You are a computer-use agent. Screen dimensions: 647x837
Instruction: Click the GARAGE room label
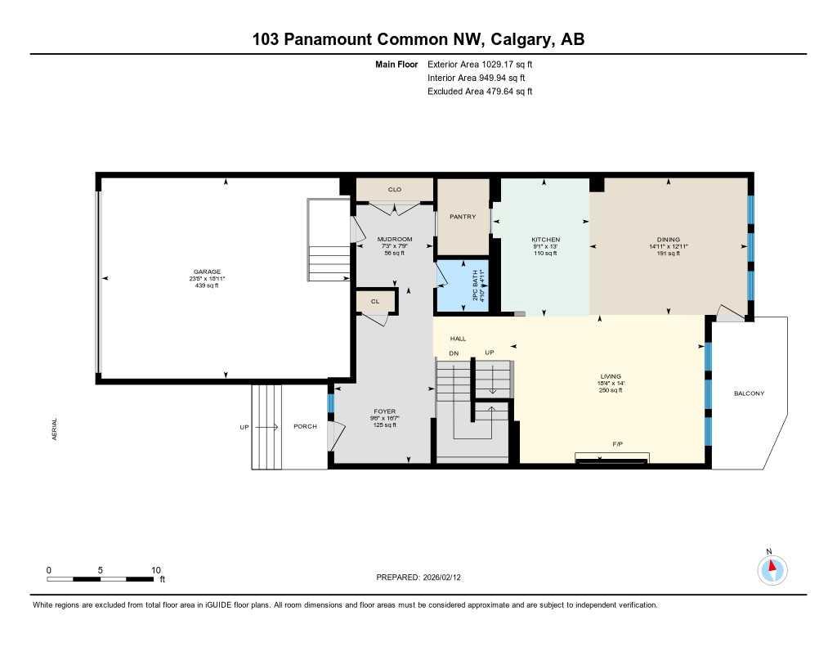[207, 272]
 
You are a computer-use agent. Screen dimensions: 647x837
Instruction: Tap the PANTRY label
[463, 217]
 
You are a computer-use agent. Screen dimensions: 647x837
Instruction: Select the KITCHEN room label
[544, 240]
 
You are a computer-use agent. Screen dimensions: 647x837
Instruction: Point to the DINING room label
[669, 240]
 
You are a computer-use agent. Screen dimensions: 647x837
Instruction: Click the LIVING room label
[611, 376]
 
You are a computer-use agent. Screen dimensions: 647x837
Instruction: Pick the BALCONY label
[749, 393]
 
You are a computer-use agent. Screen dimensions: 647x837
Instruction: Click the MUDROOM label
[395, 240]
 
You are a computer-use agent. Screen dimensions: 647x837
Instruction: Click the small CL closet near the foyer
[375, 302]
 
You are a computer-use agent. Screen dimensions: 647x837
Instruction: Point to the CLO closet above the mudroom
[394, 190]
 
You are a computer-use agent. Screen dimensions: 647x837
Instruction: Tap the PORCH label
[306, 427]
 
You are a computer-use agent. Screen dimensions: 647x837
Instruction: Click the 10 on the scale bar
[156, 570]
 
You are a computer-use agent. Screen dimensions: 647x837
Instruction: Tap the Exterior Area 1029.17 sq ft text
[480, 64]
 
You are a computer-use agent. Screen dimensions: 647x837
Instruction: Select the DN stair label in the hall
[454, 353]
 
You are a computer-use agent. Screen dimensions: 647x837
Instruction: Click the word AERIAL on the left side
[55, 430]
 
